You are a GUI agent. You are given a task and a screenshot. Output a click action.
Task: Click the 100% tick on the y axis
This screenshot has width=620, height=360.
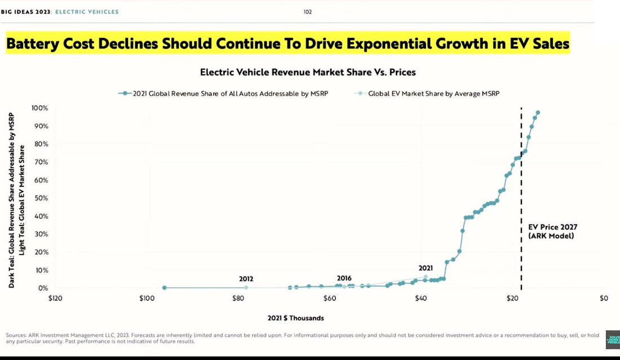pos(40,108)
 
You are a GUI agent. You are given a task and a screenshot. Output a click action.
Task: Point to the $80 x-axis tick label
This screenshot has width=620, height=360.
pos(238,297)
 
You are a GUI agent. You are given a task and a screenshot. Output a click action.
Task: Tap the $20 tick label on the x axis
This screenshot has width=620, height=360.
pos(512,297)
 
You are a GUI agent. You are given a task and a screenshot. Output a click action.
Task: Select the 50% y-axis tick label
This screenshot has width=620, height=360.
pos(41,198)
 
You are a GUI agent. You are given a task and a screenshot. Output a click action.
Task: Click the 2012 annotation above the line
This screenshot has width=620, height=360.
pos(246,278)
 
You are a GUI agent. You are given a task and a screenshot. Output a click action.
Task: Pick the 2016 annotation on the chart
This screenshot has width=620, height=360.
pos(344,278)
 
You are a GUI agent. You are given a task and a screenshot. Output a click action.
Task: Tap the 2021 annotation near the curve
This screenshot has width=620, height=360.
pos(426,268)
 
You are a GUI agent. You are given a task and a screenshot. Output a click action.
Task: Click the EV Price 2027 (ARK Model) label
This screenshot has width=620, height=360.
pos(552,232)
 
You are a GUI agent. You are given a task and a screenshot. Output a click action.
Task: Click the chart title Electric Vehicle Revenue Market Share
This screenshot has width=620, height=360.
pos(308,72)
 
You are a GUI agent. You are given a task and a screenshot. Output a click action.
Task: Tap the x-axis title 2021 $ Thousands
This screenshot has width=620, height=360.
pos(296,318)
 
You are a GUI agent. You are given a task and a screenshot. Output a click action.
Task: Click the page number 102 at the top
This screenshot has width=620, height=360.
pos(308,11)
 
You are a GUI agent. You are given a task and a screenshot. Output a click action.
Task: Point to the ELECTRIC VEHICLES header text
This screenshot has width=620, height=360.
pos(87,11)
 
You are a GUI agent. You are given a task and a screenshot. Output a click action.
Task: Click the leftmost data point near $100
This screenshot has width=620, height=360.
pos(164,288)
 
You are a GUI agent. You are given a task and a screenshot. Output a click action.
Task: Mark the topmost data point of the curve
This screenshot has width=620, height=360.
pos(538,113)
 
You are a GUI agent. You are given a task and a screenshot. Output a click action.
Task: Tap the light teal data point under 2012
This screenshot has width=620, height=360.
pos(246,288)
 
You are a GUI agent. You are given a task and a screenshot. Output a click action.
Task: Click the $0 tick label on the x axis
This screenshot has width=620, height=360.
pos(604,297)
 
